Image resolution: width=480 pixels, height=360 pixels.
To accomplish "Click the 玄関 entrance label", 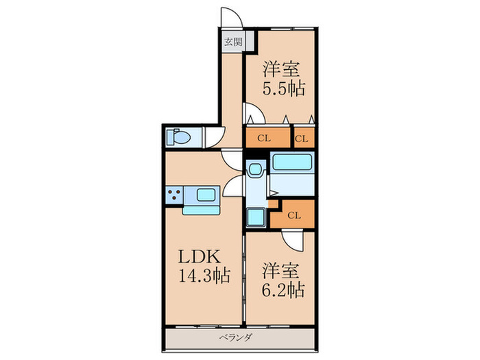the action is (234, 42).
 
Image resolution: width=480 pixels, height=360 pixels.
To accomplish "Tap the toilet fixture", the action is (178, 136).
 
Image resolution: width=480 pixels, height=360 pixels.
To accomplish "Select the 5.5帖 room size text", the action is (283, 88).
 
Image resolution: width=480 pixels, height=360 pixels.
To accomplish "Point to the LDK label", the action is (200, 256).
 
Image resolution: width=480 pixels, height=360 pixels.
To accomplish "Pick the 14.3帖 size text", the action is (204, 275).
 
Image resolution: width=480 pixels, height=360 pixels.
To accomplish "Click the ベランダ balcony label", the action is (236, 337).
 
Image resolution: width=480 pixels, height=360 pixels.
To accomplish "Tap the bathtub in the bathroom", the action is (292, 162).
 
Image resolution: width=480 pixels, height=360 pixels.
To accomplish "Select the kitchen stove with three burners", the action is (174, 195).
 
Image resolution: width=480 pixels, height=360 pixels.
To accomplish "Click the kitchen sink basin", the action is (206, 195).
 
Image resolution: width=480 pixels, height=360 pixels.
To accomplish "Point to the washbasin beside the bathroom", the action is (255, 169).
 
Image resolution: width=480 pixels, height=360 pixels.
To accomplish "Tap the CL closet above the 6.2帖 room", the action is (293, 215).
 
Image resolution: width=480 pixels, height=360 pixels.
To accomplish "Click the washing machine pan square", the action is (255, 217).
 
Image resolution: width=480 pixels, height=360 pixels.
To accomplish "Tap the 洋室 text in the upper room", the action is (280, 69).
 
